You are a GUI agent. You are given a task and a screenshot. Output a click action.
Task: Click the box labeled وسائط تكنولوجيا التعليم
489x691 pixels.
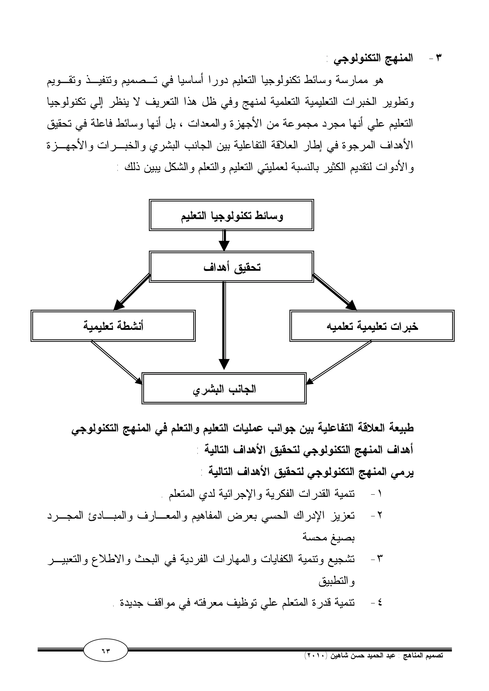click(231, 215)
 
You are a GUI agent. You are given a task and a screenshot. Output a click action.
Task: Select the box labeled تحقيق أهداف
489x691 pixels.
click(231, 267)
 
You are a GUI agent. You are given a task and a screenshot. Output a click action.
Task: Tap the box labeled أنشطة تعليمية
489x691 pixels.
click(113, 326)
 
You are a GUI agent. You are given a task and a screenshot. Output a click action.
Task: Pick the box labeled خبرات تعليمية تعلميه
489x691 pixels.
click(372, 326)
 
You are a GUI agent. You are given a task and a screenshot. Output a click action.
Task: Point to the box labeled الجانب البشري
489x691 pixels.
click(224, 388)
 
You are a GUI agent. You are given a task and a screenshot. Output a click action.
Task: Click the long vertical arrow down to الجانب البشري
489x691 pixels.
click(224, 325)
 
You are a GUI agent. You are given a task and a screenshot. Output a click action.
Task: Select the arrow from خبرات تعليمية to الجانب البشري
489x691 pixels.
click(339, 363)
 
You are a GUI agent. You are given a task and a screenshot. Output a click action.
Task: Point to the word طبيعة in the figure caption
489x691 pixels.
click(399, 428)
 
